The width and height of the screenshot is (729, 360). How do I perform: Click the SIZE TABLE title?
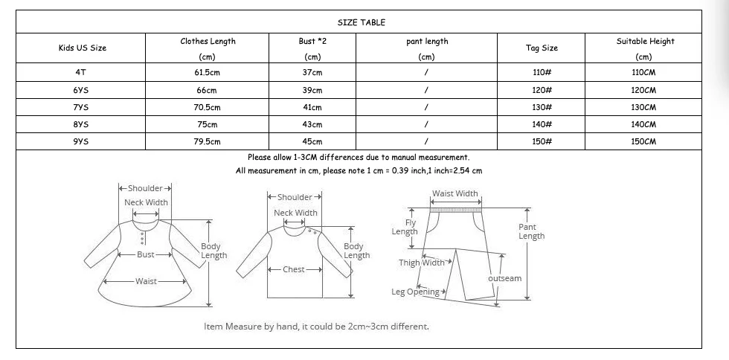pos(362,22)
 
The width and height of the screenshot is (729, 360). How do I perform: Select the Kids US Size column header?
pos(83,48)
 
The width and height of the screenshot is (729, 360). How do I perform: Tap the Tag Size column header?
pos(542,48)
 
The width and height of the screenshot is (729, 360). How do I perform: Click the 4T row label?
pos(80,73)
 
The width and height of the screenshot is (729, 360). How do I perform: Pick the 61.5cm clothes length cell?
pos(207,73)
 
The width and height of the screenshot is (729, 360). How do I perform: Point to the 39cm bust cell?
pos(312,90)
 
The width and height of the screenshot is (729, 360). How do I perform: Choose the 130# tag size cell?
pos(542,107)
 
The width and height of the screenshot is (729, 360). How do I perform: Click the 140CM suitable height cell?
pos(643,124)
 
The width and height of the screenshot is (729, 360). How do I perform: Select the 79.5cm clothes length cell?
pos(207,141)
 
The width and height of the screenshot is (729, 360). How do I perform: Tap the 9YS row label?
pos(80,141)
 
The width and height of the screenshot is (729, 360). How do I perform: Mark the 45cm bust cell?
pos(312,141)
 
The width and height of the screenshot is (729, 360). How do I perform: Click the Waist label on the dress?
pos(146,281)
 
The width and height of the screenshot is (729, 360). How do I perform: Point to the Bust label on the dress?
pos(146,254)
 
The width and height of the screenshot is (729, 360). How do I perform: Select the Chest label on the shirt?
pos(294,269)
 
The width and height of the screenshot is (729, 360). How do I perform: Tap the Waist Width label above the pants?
pos(455,193)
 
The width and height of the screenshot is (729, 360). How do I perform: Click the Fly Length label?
pos(405,228)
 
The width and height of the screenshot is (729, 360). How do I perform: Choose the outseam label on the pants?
pos(504,278)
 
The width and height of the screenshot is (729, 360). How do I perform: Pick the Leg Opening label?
pos(415,292)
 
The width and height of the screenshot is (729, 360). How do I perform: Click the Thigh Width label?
pos(421,263)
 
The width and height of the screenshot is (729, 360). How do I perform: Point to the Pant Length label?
pos(531,231)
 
